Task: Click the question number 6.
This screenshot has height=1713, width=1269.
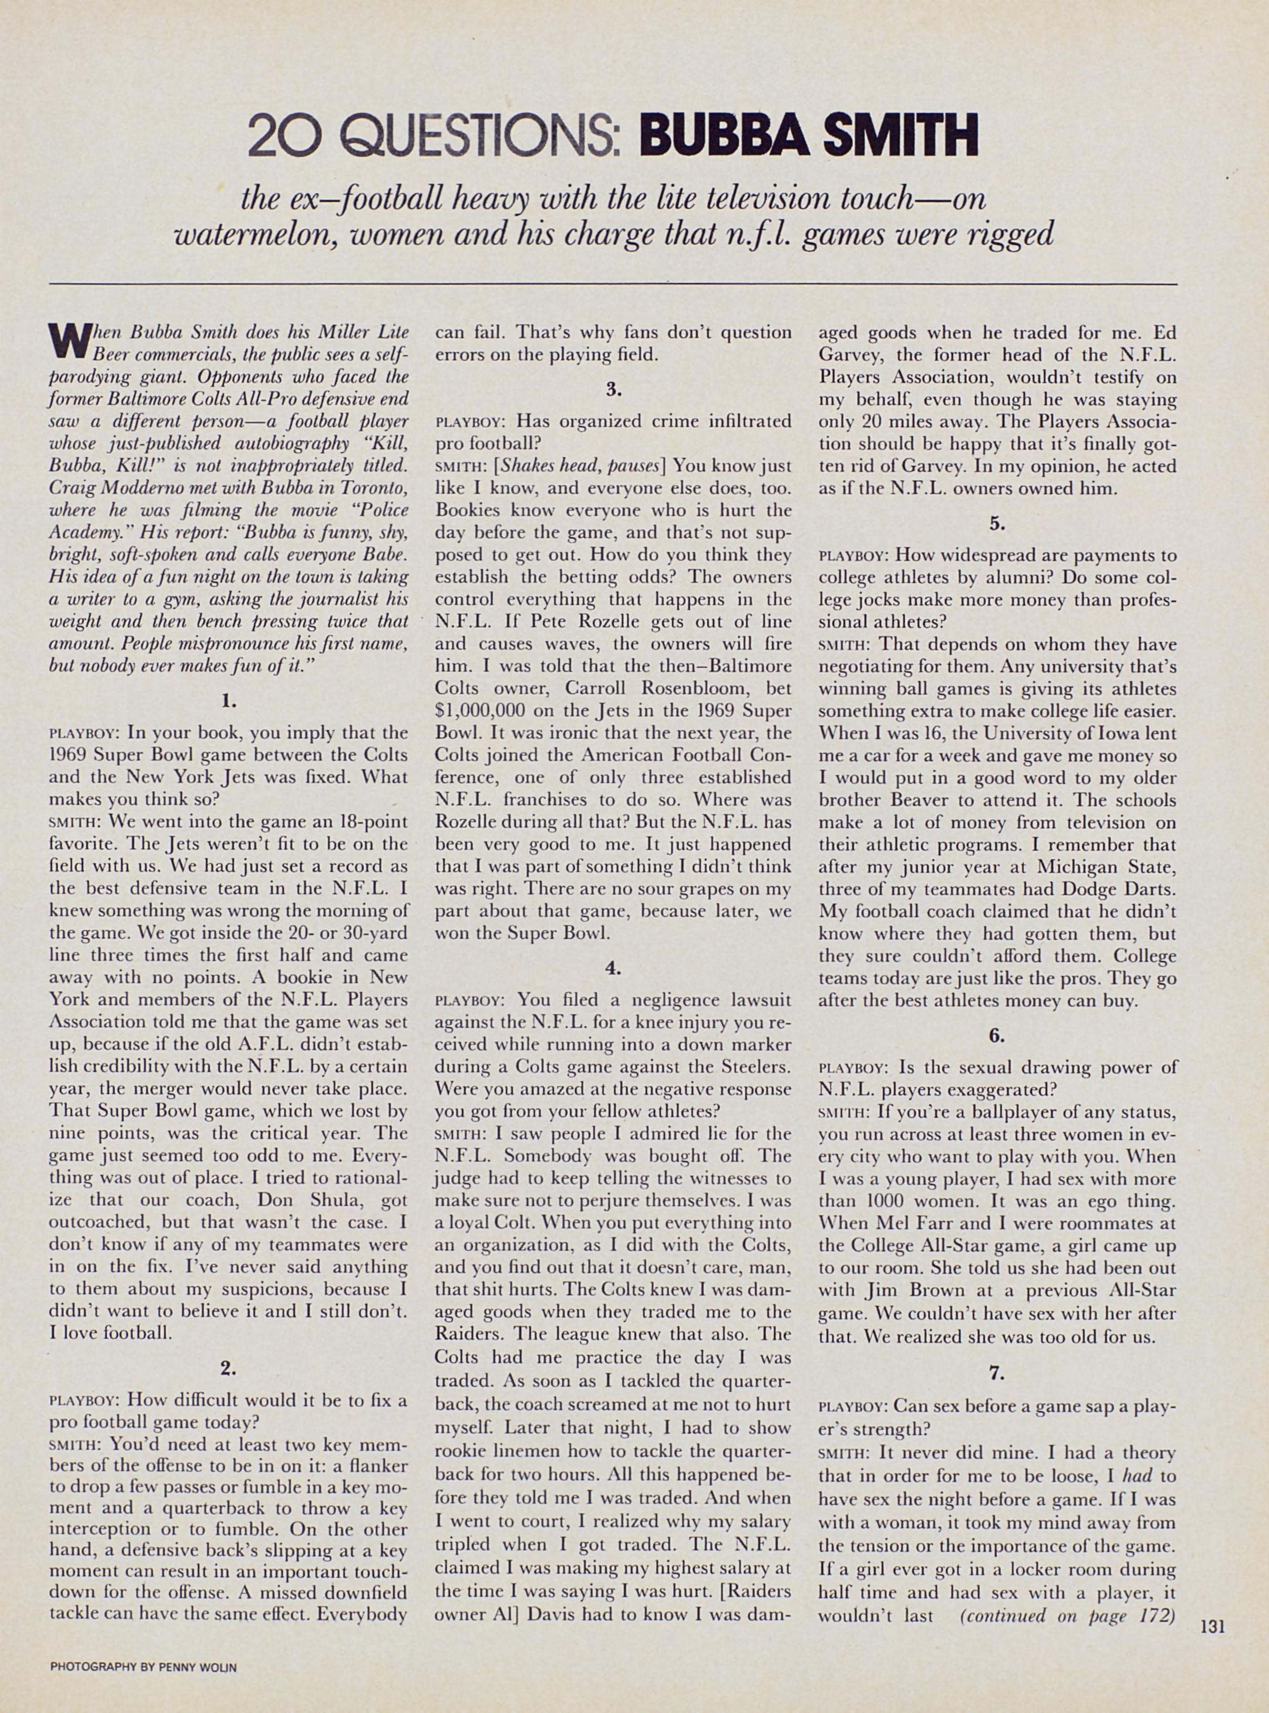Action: (997, 1034)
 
